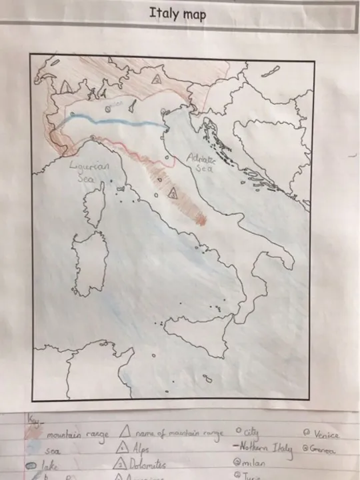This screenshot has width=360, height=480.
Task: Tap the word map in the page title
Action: (x=193, y=15)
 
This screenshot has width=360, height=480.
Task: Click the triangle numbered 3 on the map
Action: (x=172, y=194)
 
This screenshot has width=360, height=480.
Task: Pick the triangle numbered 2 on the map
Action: (x=157, y=79)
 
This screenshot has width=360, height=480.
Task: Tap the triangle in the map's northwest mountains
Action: (x=65, y=87)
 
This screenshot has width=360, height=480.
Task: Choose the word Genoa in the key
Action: (x=323, y=450)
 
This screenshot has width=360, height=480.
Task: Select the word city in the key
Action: (x=253, y=432)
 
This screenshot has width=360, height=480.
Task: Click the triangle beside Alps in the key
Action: (x=121, y=448)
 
